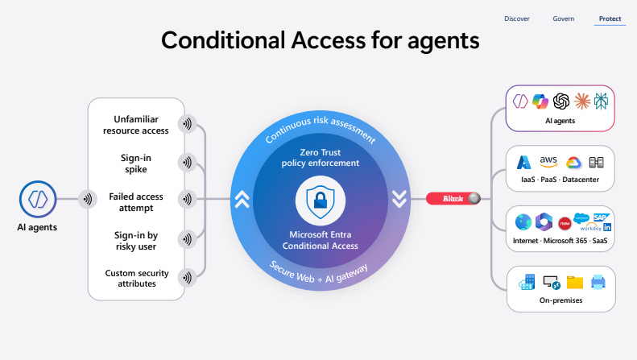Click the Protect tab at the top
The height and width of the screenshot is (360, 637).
click(x=610, y=19)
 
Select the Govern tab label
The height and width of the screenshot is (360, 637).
click(x=563, y=19)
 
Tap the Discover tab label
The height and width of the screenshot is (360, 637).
click(x=517, y=19)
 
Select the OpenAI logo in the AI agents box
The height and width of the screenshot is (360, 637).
click(x=561, y=101)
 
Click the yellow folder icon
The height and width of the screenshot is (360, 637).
click(x=574, y=282)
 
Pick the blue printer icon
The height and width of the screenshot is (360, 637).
click(x=598, y=282)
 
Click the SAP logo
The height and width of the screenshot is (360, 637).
click(x=600, y=218)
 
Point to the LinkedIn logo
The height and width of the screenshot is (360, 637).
click(x=606, y=228)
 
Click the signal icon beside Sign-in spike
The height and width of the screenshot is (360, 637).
click(x=188, y=162)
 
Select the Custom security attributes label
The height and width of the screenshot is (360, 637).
click(x=131, y=278)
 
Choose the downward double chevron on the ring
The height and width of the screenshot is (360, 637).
click(x=398, y=199)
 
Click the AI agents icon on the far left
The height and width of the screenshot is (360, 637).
click(x=37, y=198)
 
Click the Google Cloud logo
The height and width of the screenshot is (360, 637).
click(x=573, y=163)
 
